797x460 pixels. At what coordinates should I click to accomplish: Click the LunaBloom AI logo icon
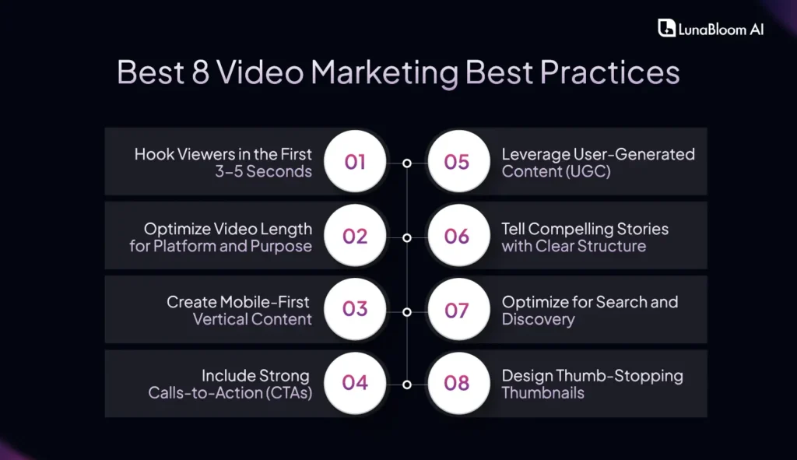click(x=666, y=28)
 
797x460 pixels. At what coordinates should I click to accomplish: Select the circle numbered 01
click(x=355, y=162)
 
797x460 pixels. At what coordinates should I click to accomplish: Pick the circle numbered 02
click(x=355, y=236)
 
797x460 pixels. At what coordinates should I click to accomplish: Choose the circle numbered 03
click(x=355, y=309)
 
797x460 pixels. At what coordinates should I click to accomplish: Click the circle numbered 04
click(x=355, y=383)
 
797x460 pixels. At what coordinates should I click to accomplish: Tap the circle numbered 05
click(x=457, y=162)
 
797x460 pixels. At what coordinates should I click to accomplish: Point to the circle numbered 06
click(x=457, y=236)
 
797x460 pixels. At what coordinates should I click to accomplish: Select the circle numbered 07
click(x=457, y=309)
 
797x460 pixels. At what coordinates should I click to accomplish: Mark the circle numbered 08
click(x=457, y=383)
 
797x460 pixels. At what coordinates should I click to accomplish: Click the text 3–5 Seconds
click(x=264, y=171)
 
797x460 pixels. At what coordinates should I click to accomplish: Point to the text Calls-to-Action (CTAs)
click(x=230, y=393)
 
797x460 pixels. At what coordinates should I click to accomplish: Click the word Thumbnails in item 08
click(x=542, y=393)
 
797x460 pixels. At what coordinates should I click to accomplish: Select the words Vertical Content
click(x=252, y=319)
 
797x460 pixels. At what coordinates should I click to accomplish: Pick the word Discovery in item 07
click(x=538, y=319)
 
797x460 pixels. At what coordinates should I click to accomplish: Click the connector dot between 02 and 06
click(x=406, y=237)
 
